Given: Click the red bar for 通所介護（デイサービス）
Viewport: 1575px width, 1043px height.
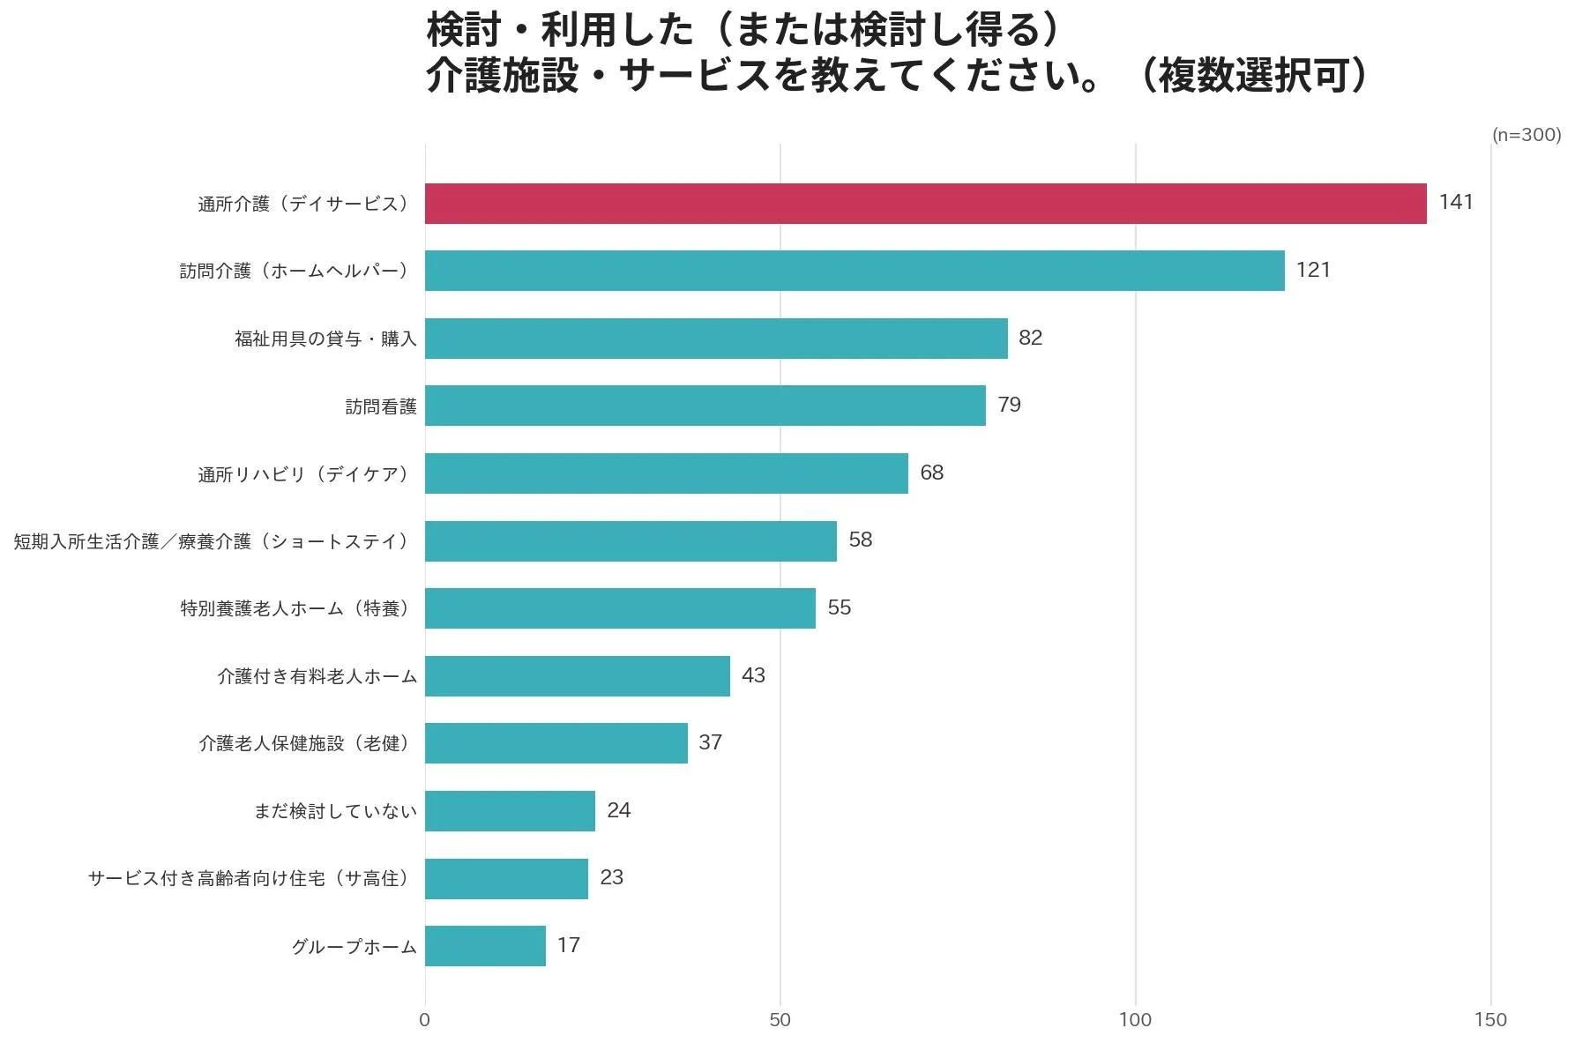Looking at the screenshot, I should [925, 204].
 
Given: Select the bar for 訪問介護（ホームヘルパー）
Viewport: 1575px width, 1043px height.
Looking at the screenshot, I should [854, 271].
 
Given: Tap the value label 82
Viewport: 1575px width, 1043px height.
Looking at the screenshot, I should [1030, 338].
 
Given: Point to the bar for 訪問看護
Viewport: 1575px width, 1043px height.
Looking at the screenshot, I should [705, 406].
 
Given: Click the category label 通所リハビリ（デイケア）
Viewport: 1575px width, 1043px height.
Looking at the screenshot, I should [305, 474].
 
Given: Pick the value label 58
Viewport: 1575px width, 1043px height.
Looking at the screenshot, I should [860, 540].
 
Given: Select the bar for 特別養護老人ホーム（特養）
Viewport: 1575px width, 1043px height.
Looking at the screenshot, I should [620, 608].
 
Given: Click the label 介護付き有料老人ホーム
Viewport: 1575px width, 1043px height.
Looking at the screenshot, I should [317, 676].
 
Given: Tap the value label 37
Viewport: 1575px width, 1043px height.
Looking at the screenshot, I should [710, 742].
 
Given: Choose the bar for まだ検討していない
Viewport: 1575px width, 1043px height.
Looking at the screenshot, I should [510, 811].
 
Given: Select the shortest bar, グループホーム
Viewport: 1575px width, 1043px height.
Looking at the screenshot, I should [485, 946].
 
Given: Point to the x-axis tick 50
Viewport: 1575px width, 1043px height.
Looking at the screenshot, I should [780, 1020].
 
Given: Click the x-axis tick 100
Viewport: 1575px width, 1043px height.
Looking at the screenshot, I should [1135, 1020].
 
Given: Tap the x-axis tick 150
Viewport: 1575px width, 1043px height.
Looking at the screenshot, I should [1489, 1020].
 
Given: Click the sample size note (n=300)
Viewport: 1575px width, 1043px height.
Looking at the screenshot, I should [1526, 135].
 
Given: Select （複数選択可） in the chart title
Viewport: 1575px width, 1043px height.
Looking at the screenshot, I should [1252, 76].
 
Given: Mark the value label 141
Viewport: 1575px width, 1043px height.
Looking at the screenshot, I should [1456, 202].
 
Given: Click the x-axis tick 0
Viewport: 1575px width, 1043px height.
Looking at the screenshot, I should [425, 1020].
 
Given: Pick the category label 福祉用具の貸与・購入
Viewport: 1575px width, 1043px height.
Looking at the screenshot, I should [325, 339].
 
